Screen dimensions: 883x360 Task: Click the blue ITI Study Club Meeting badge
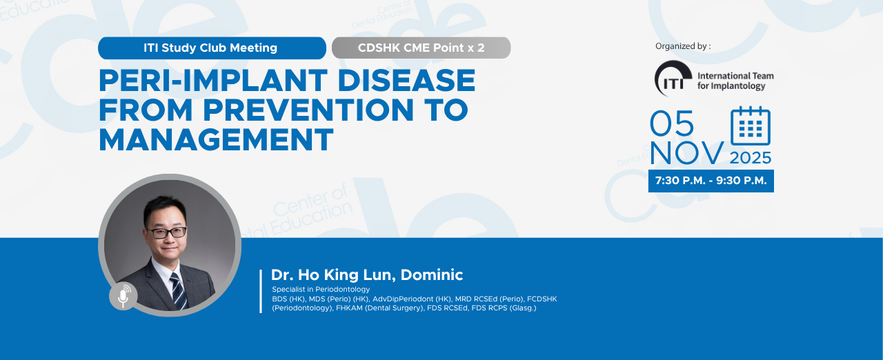click(212, 48)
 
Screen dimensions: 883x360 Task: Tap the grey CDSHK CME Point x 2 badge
click(421, 48)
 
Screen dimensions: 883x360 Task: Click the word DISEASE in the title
click(406, 81)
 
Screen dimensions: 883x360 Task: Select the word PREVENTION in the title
click(308, 110)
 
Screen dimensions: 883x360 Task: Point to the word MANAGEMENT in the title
click(216, 139)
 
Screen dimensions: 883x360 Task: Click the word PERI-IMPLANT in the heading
click(213, 81)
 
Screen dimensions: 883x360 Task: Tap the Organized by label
click(683, 46)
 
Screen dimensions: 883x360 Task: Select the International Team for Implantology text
click(735, 81)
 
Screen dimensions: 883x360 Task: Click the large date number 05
click(672, 123)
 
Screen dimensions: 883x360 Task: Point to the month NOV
click(686, 153)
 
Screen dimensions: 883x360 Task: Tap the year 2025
click(750, 158)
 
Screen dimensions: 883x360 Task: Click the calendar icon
click(750, 126)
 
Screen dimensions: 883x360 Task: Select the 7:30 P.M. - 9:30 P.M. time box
click(711, 181)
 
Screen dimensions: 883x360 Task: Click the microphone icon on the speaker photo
click(123, 296)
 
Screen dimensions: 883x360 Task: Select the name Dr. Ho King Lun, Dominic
click(366, 275)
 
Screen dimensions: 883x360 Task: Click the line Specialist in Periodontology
click(321, 289)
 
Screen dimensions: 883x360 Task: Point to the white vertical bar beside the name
click(261, 291)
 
